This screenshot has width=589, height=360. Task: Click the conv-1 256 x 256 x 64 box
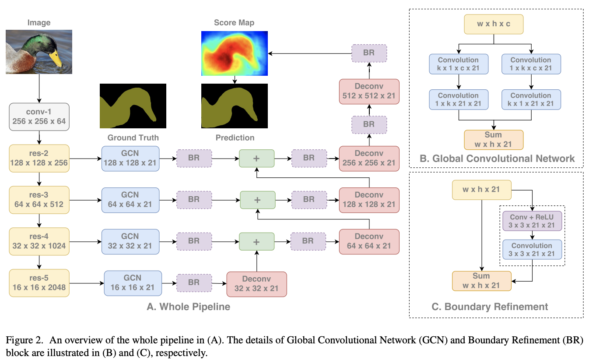[x=39, y=116]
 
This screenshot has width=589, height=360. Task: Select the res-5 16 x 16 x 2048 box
[x=39, y=282]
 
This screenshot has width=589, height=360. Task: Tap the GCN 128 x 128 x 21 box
[x=130, y=158]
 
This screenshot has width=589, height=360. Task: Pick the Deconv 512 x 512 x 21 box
[x=369, y=91]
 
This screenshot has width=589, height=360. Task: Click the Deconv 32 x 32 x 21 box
[x=256, y=284]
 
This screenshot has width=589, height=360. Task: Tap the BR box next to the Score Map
[x=369, y=53]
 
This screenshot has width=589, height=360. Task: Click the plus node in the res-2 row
[x=256, y=158]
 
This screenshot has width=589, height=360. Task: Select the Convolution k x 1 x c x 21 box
[x=458, y=64]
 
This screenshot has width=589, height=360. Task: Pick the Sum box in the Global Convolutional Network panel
[x=493, y=140]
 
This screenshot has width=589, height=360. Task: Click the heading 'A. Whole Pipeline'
[x=188, y=307]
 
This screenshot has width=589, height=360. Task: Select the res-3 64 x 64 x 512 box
[x=39, y=200]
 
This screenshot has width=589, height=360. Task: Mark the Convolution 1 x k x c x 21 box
[x=531, y=64]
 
